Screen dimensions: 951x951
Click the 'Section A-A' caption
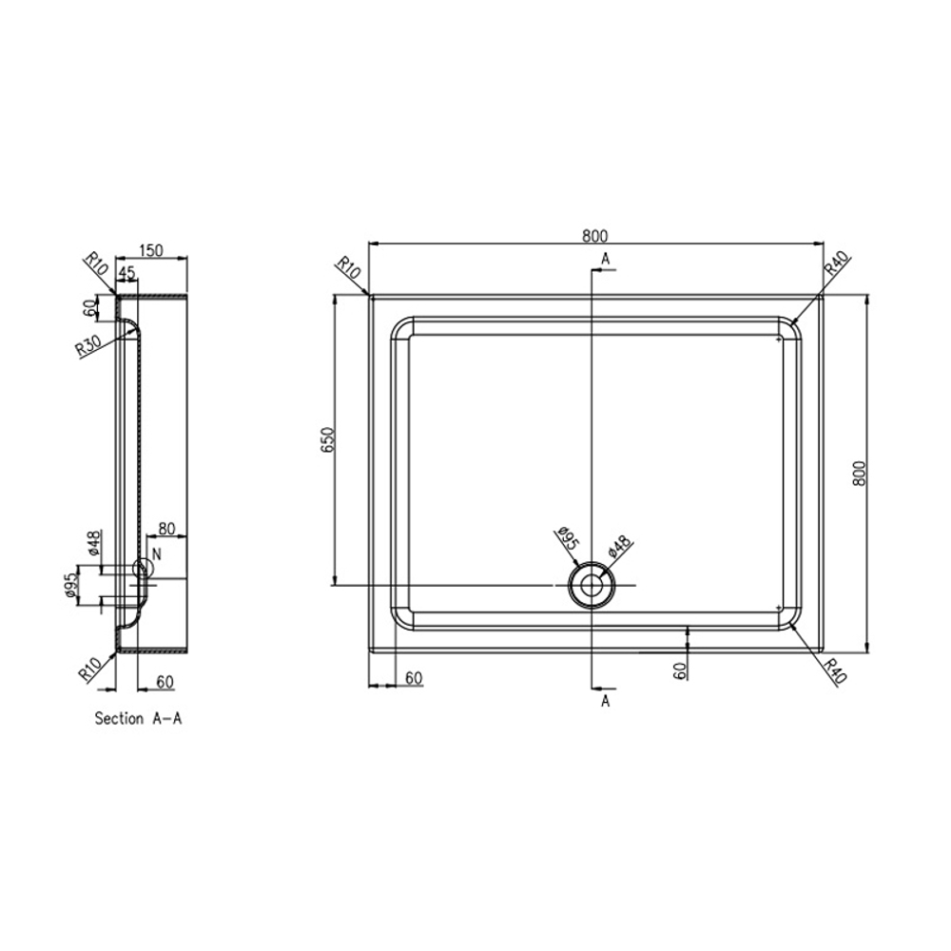click(x=138, y=719)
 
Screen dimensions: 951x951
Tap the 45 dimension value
click(x=126, y=273)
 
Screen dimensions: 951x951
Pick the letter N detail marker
click(x=156, y=553)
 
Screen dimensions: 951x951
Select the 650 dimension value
click(x=326, y=441)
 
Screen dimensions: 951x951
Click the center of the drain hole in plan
click(x=591, y=584)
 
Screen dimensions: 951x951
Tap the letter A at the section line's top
click(x=605, y=259)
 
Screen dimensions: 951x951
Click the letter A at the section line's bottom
click(x=605, y=702)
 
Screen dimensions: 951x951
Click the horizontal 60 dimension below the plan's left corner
click(x=414, y=677)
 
